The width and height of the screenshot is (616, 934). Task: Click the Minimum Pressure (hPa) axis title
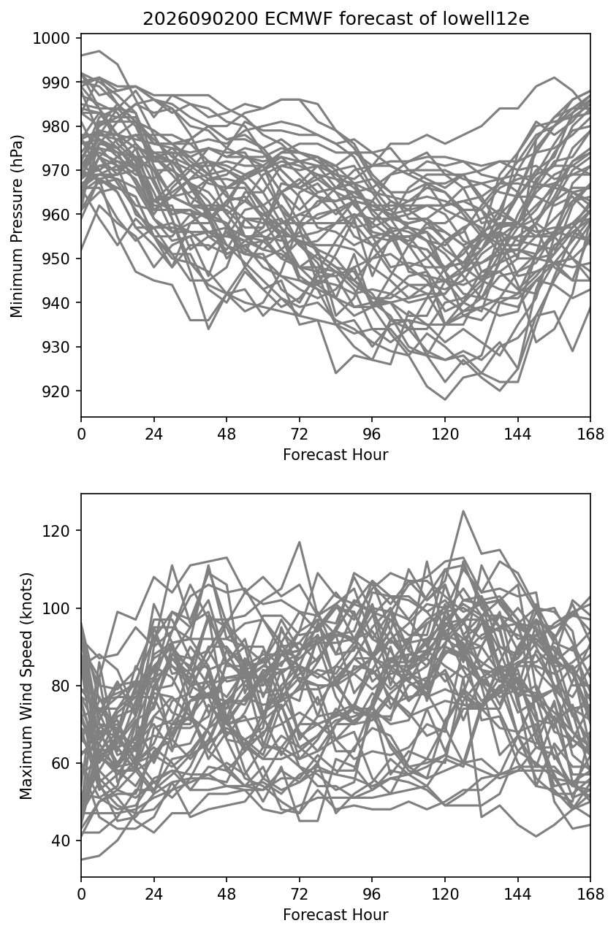(17, 226)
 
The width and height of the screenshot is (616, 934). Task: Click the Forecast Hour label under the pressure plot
(335, 454)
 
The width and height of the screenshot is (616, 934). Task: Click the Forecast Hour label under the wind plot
(335, 914)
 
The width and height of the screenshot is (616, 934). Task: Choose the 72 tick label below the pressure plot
(300, 435)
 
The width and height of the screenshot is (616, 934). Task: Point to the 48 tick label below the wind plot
(227, 895)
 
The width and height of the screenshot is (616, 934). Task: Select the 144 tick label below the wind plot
(517, 895)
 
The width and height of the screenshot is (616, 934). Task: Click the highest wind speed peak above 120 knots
(463, 510)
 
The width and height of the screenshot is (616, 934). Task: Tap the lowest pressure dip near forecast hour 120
(445, 399)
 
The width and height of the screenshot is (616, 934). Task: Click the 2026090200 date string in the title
(201, 19)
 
